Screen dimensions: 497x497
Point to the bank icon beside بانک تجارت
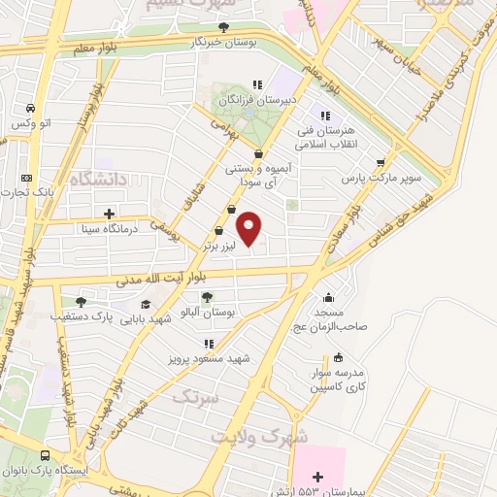coord(26,178)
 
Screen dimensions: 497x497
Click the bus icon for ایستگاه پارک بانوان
coord(46,454)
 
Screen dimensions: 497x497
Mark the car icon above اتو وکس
coord(31,107)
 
